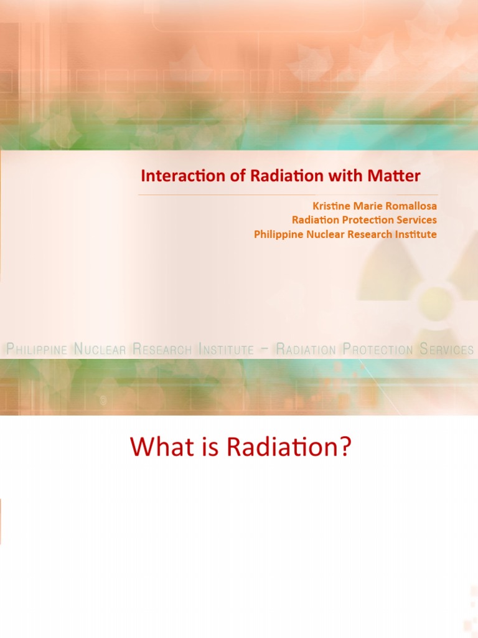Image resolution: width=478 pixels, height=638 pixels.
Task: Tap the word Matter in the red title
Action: (396, 176)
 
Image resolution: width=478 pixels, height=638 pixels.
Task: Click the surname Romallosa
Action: (409, 206)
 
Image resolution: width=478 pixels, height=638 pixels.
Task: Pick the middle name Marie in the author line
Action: (367, 206)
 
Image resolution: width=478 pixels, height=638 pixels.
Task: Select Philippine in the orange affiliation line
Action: (276, 235)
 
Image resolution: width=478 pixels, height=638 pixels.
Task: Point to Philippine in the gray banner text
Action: (36, 350)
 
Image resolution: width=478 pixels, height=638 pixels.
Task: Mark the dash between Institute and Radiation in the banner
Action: (265, 350)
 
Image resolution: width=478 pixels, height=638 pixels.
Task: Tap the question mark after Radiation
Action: (345, 449)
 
